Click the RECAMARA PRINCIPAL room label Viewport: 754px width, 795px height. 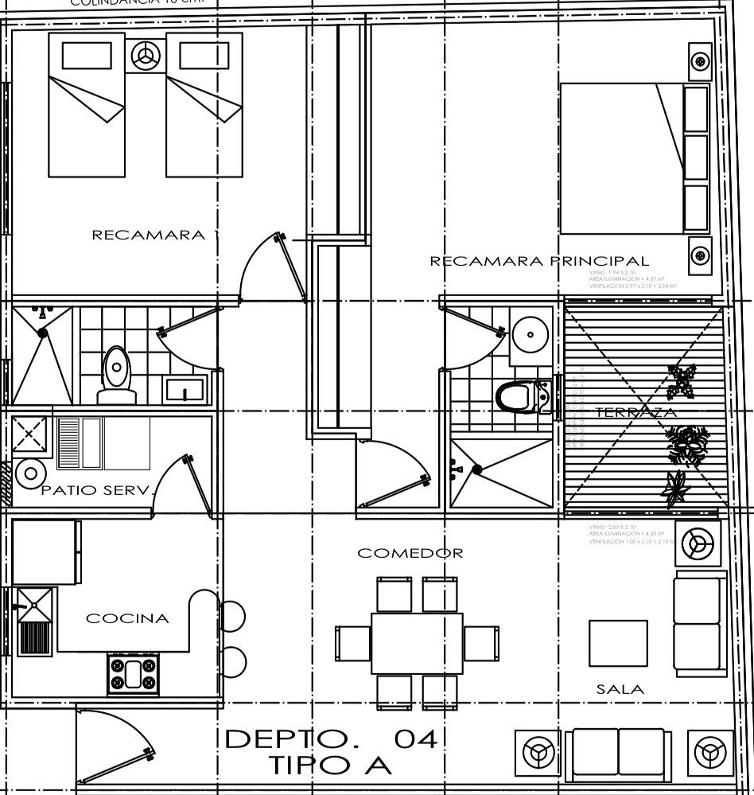click(x=539, y=261)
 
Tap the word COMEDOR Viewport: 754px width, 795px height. click(x=410, y=552)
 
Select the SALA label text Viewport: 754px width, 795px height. click(x=620, y=690)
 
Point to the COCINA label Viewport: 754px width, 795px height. click(x=127, y=618)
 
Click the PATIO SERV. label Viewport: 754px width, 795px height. click(x=96, y=491)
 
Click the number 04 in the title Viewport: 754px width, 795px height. click(x=416, y=739)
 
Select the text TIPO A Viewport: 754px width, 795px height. click(x=329, y=766)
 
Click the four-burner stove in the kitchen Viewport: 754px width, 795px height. click(x=134, y=673)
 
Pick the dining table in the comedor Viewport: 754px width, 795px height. click(x=417, y=642)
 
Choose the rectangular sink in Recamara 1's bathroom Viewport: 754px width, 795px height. click(x=185, y=390)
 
